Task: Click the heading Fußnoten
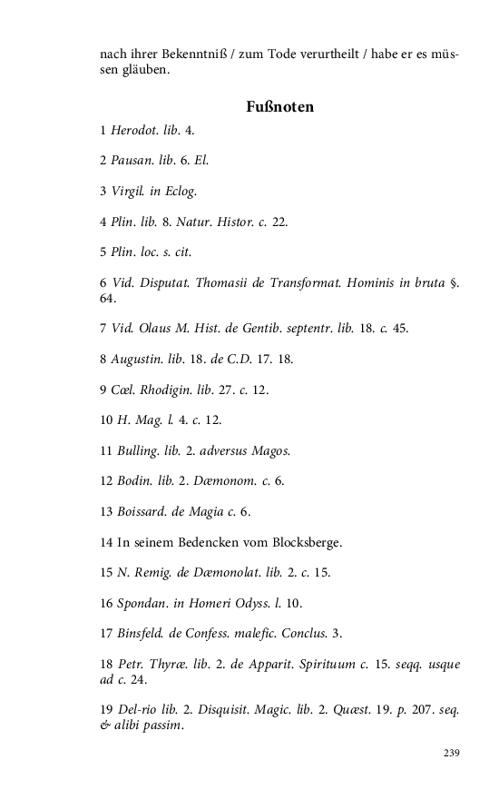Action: (279, 107)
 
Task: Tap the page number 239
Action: (452, 753)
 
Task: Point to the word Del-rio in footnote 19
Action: (136, 710)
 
